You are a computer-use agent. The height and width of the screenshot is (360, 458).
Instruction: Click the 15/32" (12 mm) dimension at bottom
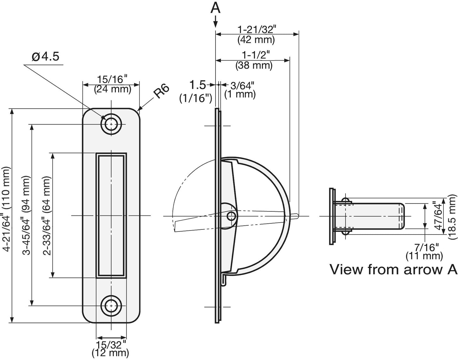pyautogui.click(x=111, y=348)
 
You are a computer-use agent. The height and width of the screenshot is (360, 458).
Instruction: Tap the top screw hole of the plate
pyautogui.click(x=111, y=124)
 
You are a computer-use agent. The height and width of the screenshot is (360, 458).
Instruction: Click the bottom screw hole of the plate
pyautogui.click(x=111, y=306)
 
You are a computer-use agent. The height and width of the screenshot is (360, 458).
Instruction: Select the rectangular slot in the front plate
pyautogui.click(x=111, y=215)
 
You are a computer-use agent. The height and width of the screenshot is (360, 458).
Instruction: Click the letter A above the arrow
pyautogui.click(x=216, y=8)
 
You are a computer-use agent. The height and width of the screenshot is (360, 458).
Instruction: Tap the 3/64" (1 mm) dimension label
pyautogui.click(x=240, y=90)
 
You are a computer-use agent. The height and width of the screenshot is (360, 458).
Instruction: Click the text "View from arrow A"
pyautogui.click(x=393, y=269)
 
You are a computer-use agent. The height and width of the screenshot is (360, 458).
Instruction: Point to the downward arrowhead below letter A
pyautogui.click(x=216, y=23)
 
